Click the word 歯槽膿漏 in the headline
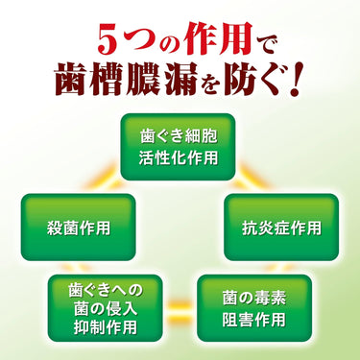pyautogui.click(x=126, y=79)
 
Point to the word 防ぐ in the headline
pyautogui.click(x=253, y=79)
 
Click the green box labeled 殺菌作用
pyautogui.click(x=79, y=228)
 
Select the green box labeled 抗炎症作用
pyautogui.click(x=281, y=228)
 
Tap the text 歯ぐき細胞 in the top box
pyautogui.click(x=179, y=136)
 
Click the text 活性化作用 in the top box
pyautogui.click(x=179, y=158)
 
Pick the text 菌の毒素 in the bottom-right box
pyautogui.click(x=254, y=299)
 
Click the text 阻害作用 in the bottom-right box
pyautogui.click(x=254, y=320)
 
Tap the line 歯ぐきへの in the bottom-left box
pyautogui.click(x=106, y=291)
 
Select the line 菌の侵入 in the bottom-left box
pyautogui.click(x=106, y=309)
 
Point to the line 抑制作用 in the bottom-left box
pyautogui.click(x=106, y=327)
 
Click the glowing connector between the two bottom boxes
pyautogui.click(x=180, y=308)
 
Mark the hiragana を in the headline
pyautogui.click(x=210, y=82)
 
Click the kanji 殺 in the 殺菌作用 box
pyautogui.click(x=55, y=228)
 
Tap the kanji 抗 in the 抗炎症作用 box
pyautogui.click(x=250, y=228)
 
